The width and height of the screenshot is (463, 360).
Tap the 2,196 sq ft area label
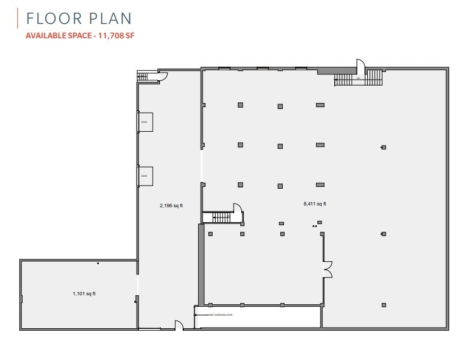click(171, 205)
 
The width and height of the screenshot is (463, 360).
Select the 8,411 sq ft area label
click(314, 204)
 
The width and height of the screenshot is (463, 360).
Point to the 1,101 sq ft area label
click(84, 294)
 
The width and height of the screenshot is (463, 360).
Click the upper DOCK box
click(146, 122)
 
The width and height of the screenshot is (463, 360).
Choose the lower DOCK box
click(146, 176)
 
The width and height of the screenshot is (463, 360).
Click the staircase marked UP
click(358, 78)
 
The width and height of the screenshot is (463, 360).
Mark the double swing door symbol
click(327, 270)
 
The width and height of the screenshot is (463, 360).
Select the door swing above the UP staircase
click(361, 65)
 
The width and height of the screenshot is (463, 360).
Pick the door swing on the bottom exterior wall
click(178, 325)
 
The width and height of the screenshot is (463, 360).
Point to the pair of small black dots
click(314, 226)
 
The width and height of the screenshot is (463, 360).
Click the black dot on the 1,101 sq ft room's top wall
click(98, 263)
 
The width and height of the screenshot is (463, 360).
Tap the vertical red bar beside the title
click(19, 18)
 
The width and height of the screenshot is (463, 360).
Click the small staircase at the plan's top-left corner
click(143, 76)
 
